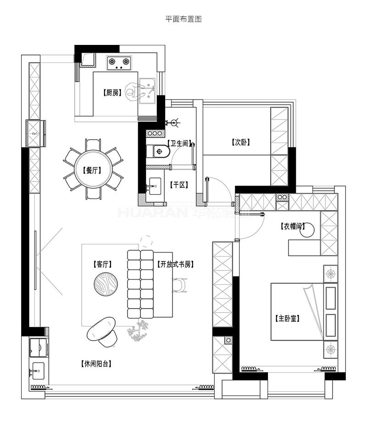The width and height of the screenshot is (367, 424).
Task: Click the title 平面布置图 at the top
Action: click(x=183, y=19)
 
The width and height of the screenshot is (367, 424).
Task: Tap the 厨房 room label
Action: click(x=112, y=93)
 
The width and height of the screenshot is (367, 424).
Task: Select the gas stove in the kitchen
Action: click(x=118, y=63)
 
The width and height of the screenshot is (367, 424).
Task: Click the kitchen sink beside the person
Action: click(x=148, y=91)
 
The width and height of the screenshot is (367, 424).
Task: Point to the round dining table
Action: click(x=93, y=169)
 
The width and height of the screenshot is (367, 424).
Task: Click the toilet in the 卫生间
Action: click(x=158, y=151)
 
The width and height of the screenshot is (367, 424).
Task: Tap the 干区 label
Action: click(x=179, y=185)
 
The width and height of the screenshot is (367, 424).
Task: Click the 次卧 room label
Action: click(x=240, y=143)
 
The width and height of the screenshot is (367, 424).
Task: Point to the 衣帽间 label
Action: click(x=293, y=226)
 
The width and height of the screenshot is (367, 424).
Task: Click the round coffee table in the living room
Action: click(x=106, y=284)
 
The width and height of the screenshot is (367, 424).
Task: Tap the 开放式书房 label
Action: click(x=176, y=264)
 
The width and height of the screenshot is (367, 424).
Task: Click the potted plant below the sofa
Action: click(x=139, y=330)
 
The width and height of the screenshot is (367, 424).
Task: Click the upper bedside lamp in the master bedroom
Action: click(x=331, y=274)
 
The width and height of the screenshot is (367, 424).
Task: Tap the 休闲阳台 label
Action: click(x=96, y=363)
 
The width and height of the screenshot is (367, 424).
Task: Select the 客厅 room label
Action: click(x=102, y=264)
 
